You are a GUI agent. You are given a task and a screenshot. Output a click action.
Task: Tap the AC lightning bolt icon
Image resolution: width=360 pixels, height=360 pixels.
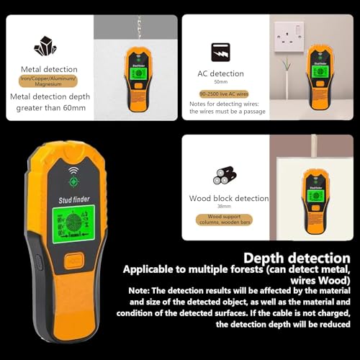tap(220, 53)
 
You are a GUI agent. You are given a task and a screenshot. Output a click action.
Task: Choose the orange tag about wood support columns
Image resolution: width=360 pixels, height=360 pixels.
tap(230, 219)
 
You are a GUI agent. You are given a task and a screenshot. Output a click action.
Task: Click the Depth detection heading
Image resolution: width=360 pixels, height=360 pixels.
tap(297, 258)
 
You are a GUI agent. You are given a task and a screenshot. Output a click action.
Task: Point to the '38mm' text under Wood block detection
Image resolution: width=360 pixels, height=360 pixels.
tap(229, 207)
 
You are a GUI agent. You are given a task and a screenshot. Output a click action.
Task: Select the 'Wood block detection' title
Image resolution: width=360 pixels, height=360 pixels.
tap(229, 198)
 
